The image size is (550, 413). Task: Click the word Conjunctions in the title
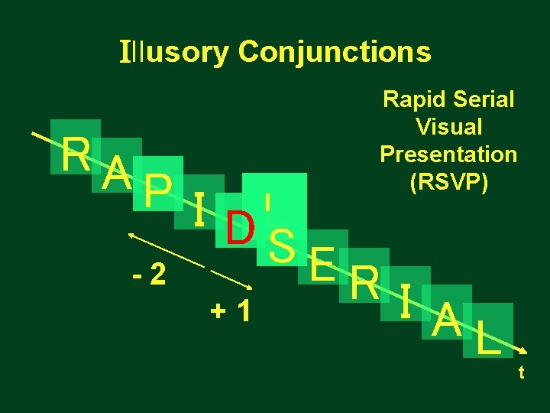(335, 52)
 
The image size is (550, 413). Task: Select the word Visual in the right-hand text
(448, 126)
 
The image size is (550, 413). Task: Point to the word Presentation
(448, 154)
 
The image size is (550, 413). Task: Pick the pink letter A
(116, 171)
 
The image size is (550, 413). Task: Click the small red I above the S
(267, 202)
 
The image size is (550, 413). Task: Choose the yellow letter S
(283, 245)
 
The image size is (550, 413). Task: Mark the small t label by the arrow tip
(521, 372)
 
